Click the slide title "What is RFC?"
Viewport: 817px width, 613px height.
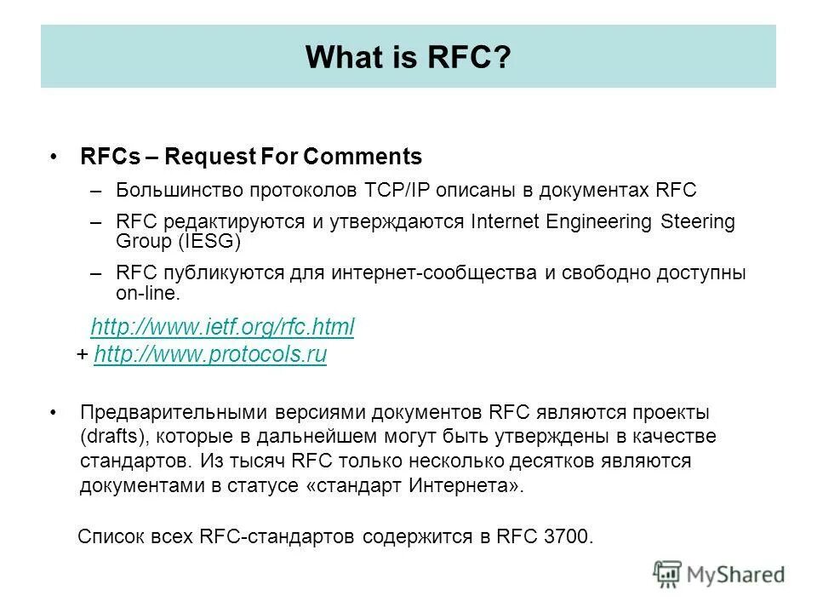408,57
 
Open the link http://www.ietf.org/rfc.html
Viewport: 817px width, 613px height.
222,327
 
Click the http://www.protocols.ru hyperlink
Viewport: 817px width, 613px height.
211,355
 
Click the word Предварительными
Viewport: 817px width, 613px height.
174,412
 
